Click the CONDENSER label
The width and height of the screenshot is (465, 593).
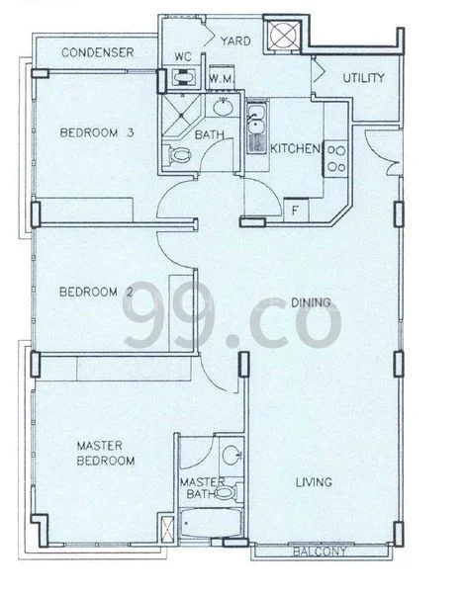point(97,51)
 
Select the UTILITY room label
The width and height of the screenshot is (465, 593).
point(364,78)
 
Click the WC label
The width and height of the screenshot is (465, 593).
point(181,57)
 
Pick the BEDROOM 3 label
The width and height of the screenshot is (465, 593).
point(95,133)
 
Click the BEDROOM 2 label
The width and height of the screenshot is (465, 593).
point(95,292)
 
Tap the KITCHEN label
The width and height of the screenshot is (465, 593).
point(296,148)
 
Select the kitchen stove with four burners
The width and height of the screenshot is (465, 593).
point(335,158)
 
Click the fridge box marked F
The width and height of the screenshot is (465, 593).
point(293,210)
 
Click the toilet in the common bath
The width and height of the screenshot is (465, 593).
point(180,156)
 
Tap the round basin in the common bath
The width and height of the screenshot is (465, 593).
point(224,104)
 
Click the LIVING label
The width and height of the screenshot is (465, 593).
point(313,481)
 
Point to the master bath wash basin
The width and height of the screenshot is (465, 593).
point(231,456)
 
